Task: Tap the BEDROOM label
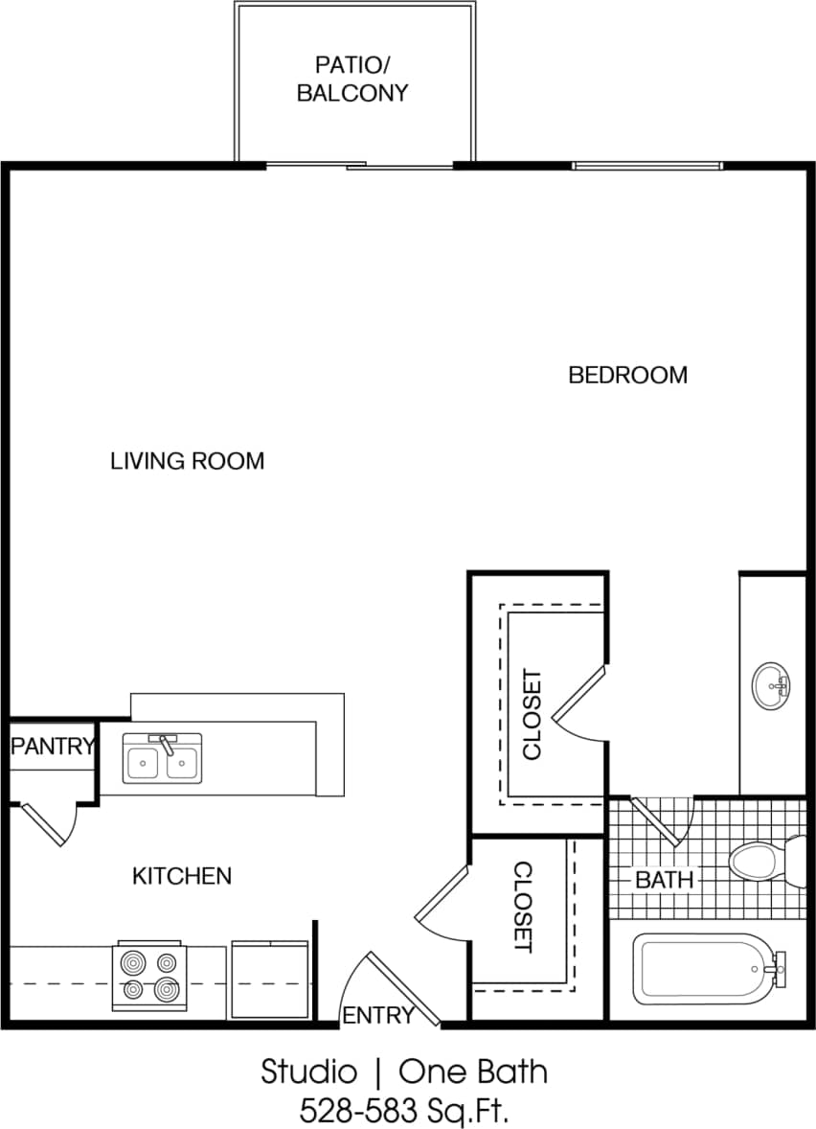(x=627, y=375)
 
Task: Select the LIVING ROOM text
(x=187, y=461)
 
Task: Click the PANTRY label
(x=53, y=747)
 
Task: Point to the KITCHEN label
(x=181, y=875)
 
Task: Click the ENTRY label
(x=377, y=1015)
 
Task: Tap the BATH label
(x=664, y=879)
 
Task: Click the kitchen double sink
(x=162, y=761)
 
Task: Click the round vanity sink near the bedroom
(x=771, y=685)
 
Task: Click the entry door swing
(x=397, y=987)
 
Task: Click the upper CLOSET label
(x=533, y=713)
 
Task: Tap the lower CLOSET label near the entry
(x=523, y=906)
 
